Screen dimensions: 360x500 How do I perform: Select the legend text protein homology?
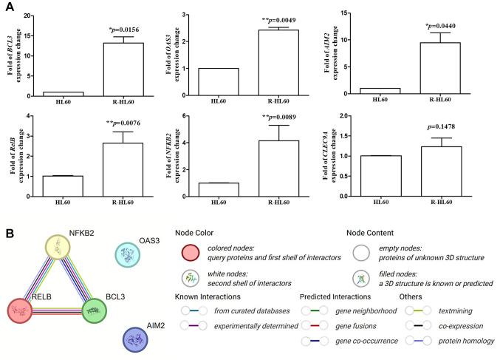[465, 341]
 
